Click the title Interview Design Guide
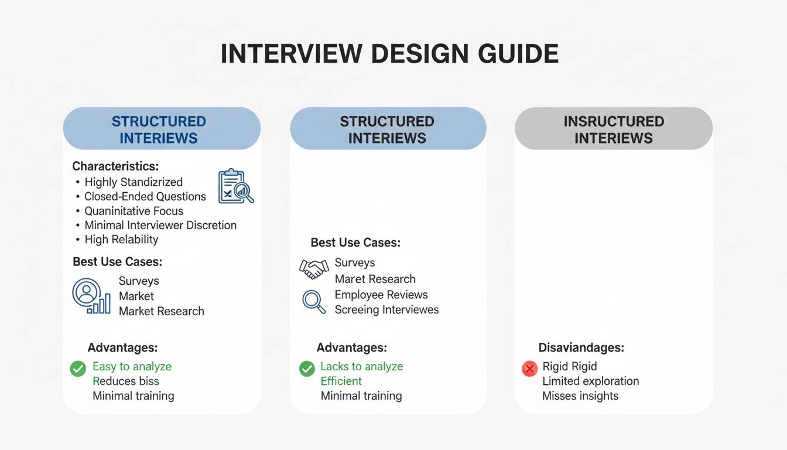click(x=389, y=54)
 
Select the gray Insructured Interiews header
click(x=613, y=129)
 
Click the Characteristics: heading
click(x=115, y=166)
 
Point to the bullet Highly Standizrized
click(x=134, y=182)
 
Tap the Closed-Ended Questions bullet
click(x=145, y=197)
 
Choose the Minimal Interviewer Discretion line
click(x=160, y=225)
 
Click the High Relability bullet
click(x=121, y=240)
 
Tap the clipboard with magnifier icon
click(x=235, y=187)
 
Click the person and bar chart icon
click(x=91, y=296)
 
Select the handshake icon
click(x=314, y=268)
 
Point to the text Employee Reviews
click(x=381, y=295)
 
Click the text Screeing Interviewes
click(x=386, y=309)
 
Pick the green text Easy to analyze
click(x=132, y=367)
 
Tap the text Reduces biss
click(x=125, y=381)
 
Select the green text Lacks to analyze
click(x=361, y=367)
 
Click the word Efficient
click(x=341, y=381)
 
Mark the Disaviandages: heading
click(x=581, y=347)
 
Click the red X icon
click(x=529, y=369)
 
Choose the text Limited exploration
click(x=590, y=381)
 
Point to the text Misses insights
click(x=580, y=396)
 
